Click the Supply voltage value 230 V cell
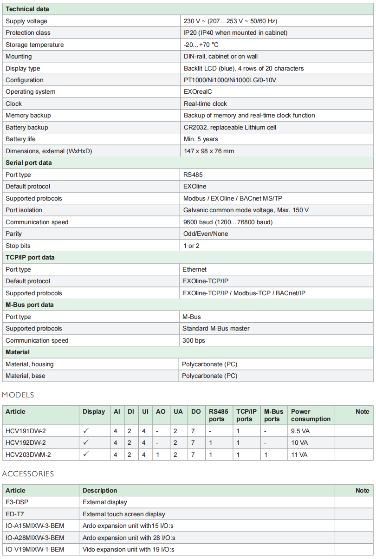tap(230, 21)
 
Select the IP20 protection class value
tap(235, 33)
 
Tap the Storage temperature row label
tap(35, 45)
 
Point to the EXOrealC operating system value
tap(198, 92)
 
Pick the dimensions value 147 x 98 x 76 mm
tap(209, 151)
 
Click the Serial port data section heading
tap(29, 163)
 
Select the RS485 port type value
tap(193, 175)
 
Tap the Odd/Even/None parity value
tap(206, 234)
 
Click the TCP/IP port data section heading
tap(29, 258)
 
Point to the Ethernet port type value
tap(194, 269)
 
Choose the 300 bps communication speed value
tap(194, 340)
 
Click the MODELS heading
tap(18, 395)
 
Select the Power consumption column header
tap(311, 415)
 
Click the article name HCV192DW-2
tap(26, 443)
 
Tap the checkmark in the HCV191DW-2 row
tap(86, 431)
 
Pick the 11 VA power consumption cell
tap(299, 455)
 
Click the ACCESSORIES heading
tap(28, 474)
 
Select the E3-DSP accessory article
tap(17, 502)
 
